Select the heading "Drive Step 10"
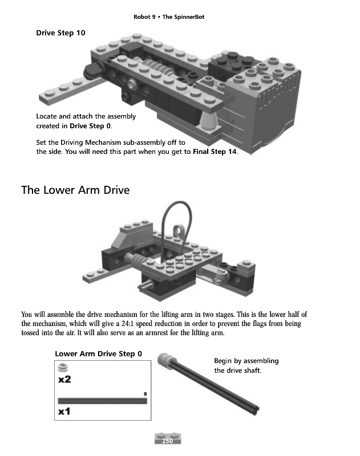60,33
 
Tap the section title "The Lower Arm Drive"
75,190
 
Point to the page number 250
168,441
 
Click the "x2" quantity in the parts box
64,379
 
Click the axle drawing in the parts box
102,401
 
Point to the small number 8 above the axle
145,394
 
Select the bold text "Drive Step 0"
90,125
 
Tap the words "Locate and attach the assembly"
86,116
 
